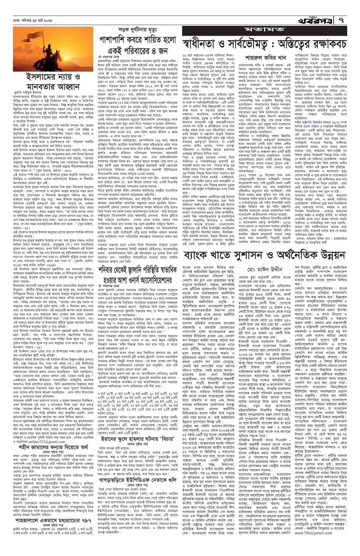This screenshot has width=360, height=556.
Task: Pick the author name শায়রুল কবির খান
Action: click(262, 58)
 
